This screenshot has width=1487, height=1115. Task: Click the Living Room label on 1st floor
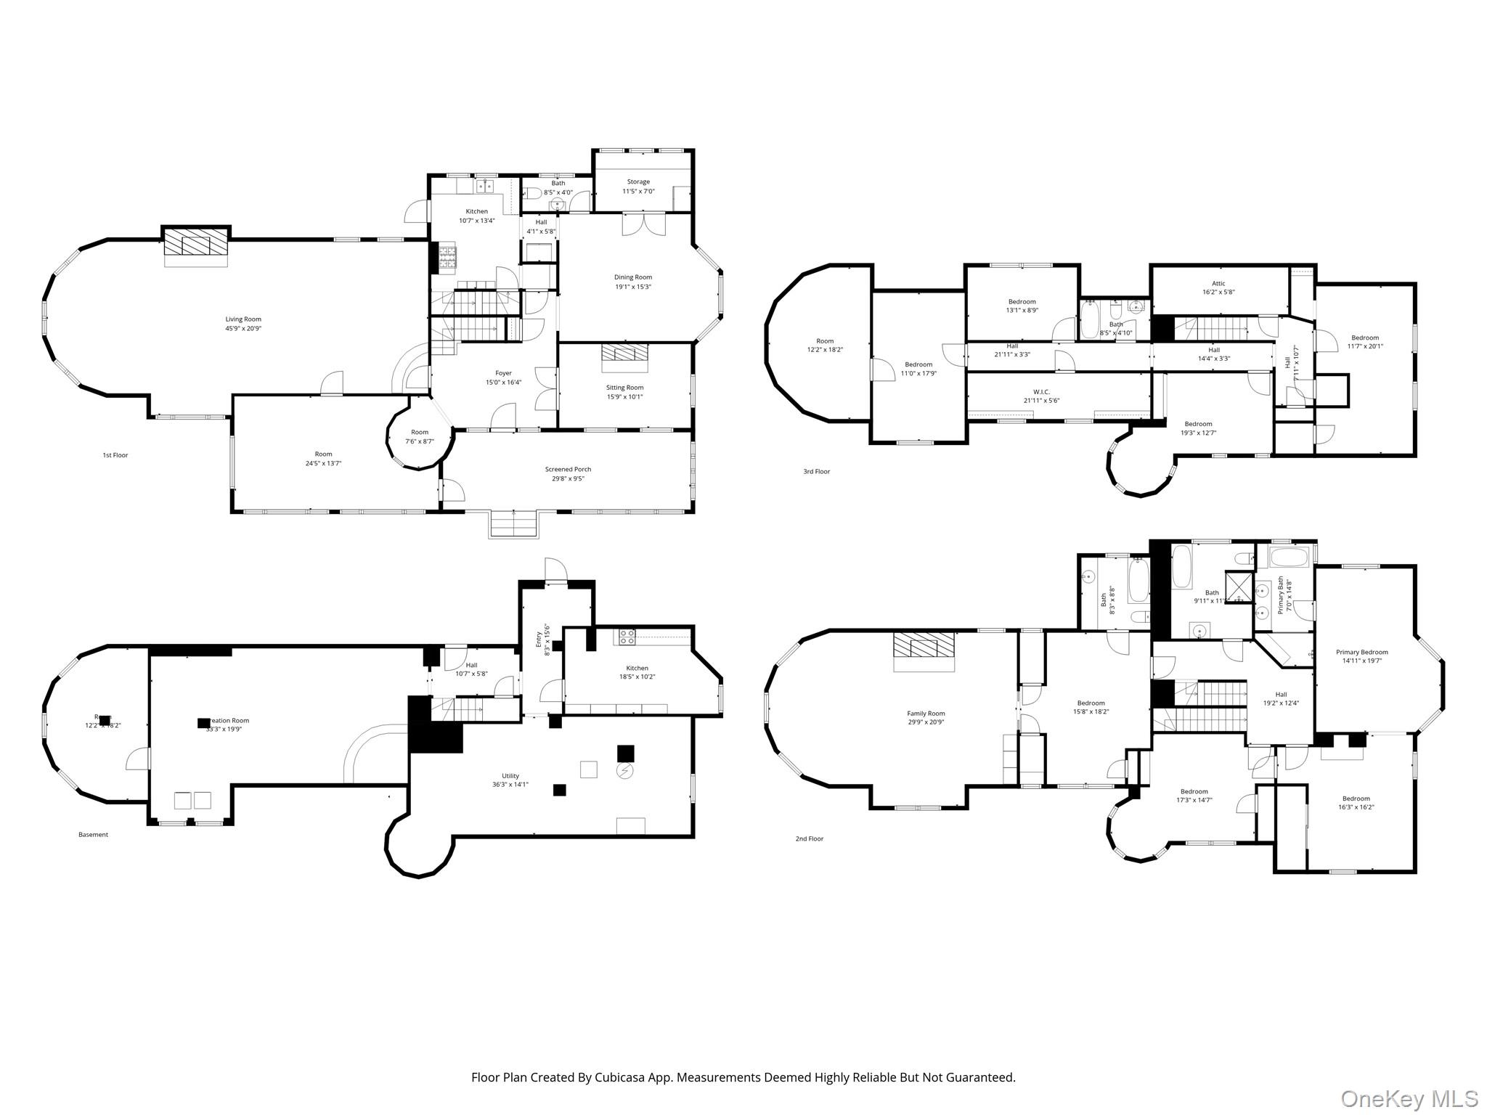pyautogui.click(x=243, y=319)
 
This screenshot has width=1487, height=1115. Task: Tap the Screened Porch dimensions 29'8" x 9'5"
pyautogui.click(x=568, y=479)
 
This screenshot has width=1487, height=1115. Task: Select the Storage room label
pyautogui.click(x=638, y=181)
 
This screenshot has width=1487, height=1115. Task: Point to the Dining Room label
pyautogui.click(x=633, y=277)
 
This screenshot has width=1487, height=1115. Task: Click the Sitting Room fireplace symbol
pyautogui.click(x=624, y=354)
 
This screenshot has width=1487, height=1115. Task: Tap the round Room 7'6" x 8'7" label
pyautogui.click(x=420, y=432)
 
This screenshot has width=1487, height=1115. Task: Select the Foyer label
pyautogui.click(x=503, y=373)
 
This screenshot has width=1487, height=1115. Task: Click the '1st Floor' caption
pyautogui.click(x=115, y=455)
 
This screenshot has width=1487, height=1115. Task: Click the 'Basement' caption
pyautogui.click(x=93, y=835)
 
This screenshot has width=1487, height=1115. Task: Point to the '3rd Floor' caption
pyautogui.click(x=816, y=472)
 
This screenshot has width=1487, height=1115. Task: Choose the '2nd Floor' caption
pyautogui.click(x=810, y=839)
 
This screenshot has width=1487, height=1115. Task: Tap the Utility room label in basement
pyautogui.click(x=510, y=776)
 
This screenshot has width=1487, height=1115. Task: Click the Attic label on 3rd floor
pyautogui.click(x=1218, y=284)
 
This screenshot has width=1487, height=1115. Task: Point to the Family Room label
pyautogui.click(x=926, y=714)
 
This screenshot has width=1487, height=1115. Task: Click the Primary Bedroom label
pyautogui.click(x=1361, y=652)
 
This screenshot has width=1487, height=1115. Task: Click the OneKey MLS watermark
pyautogui.click(x=1409, y=1098)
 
